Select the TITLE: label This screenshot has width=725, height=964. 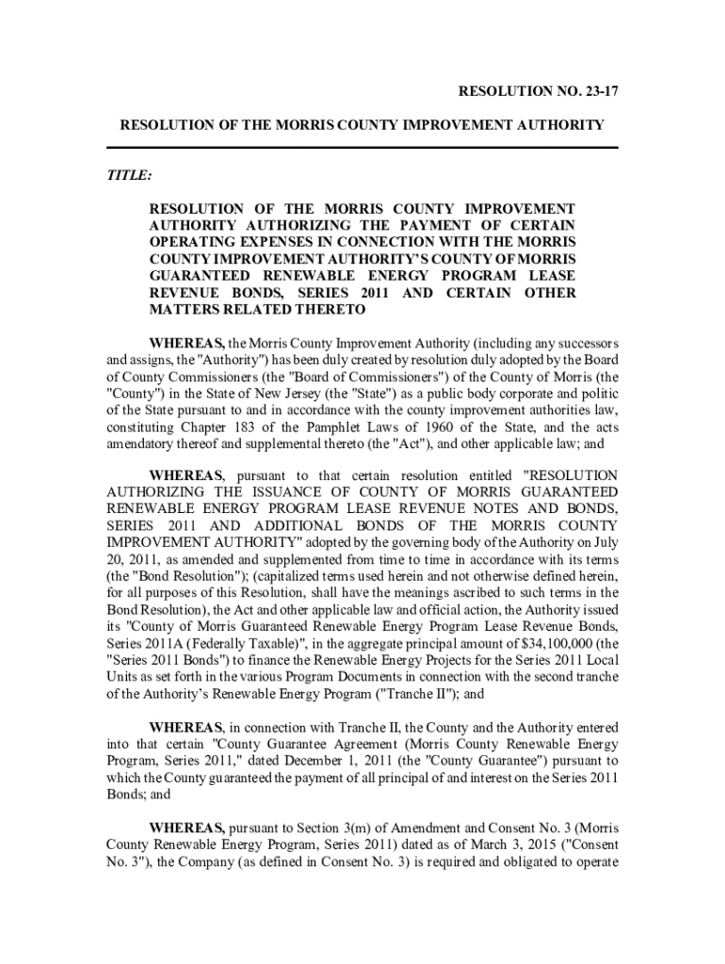(x=128, y=175)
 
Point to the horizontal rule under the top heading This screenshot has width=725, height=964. (x=362, y=148)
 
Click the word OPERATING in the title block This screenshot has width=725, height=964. (x=192, y=241)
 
